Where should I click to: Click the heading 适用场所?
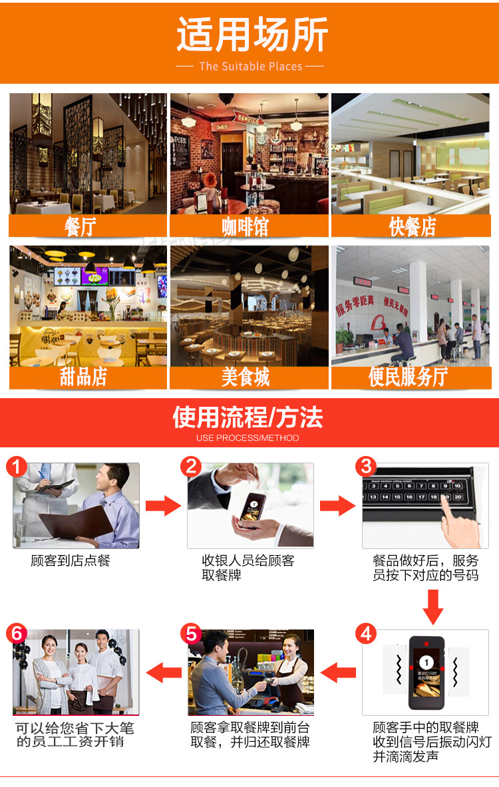pyautogui.click(x=251, y=35)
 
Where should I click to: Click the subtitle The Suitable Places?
pyautogui.click(x=250, y=66)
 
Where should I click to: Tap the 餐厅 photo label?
pyautogui.click(x=81, y=227)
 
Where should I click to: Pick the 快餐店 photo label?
pyautogui.click(x=412, y=227)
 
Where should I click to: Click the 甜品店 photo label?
pyautogui.click(x=83, y=377)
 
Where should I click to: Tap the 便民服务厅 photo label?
pyautogui.click(x=408, y=377)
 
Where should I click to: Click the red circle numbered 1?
pyautogui.click(x=17, y=467)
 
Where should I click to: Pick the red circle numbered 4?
pyautogui.click(x=367, y=633)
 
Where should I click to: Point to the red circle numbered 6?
pyautogui.click(x=17, y=633)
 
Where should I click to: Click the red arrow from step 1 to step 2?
pyautogui.click(x=164, y=506)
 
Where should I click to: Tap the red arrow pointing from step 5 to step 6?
pyautogui.click(x=164, y=673)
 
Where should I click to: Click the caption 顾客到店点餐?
pyautogui.click(x=71, y=560)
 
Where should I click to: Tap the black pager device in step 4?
pyautogui.click(x=426, y=672)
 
